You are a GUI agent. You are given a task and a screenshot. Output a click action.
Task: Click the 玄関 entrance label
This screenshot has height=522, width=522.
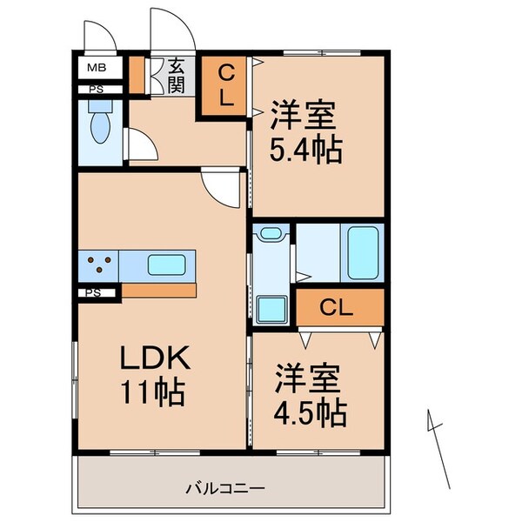[x=176, y=76]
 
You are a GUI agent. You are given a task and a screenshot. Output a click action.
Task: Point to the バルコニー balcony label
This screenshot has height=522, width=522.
[x=224, y=488]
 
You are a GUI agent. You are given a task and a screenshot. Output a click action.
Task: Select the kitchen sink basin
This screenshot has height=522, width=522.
[x=166, y=264]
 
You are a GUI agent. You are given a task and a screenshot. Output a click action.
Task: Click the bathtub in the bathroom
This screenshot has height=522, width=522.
[x=361, y=250]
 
